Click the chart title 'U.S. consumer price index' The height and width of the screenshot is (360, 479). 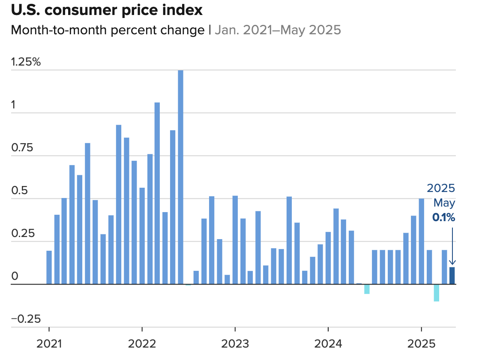(x=107, y=10)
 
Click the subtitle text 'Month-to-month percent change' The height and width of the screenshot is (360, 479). (x=108, y=30)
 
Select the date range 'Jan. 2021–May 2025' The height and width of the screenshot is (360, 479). (x=278, y=30)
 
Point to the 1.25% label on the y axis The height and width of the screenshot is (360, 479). (x=26, y=62)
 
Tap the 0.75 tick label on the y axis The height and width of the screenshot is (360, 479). (x=22, y=148)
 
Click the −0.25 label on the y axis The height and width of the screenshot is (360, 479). (x=26, y=319)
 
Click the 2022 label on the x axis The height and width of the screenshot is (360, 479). (x=142, y=344)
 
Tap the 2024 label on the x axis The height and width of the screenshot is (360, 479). (x=328, y=344)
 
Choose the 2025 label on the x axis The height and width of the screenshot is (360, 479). (x=421, y=344)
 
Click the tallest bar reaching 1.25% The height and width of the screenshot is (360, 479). (x=181, y=177)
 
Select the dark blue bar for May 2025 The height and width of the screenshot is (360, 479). (x=452, y=276)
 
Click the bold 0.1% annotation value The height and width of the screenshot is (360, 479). (x=443, y=218)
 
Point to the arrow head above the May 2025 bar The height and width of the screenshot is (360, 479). (x=452, y=263)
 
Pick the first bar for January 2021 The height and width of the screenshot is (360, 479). (x=49, y=267)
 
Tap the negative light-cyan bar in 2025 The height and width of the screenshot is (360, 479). (x=437, y=293)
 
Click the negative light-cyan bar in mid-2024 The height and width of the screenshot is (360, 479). (x=367, y=289)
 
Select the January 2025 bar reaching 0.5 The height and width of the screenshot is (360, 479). (x=421, y=241)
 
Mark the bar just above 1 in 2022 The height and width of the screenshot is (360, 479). (x=157, y=193)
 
